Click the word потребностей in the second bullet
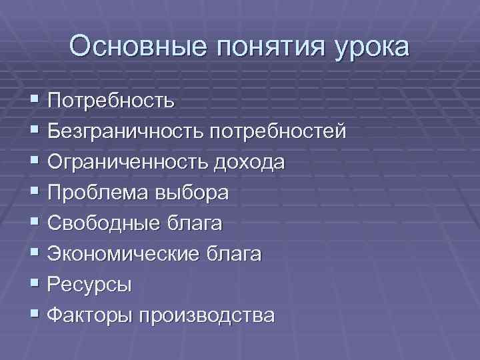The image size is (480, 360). pyautogui.click(x=279, y=132)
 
